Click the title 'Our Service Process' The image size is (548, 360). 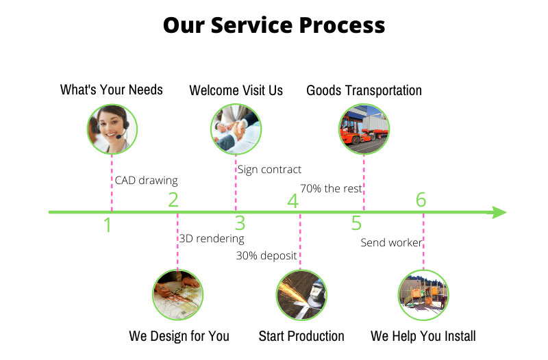pyautogui.click(x=274, y=25)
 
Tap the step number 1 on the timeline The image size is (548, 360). pyautogui.click(x=108, y=224)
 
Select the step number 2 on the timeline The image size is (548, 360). pyautogui.click(x=173, y=200)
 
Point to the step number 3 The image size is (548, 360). pyautogui.click(x=240, y=223)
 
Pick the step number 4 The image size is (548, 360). pyautogui.click(x=292, y=201)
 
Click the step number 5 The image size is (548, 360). pyautogui.click(x=356, y=223)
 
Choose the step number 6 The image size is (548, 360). pyautogui.click(x=421, y=200)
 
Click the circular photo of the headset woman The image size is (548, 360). pyautogui.click(x=112, y=128)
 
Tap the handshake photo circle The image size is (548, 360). pyautogui.click(x=236, y=128)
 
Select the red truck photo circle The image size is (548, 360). pyautogui.click(x=364, y=128)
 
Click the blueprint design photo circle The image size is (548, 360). pyautogui.click(x=177, y=295)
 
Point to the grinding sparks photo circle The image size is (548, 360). pyautogui.click(x=301, y=295)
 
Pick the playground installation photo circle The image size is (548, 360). pyautogui.click(x=423, y=295)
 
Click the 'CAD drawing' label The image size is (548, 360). pyautogui.click(x=146, y=181)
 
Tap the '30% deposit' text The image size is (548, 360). pyautogui.click(x=266, y=256)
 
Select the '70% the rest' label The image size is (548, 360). pyautogui.click(x=331, y=188)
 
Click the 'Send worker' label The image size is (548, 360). pyautogui.click(x=391, y=243)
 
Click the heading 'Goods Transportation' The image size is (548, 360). pyautogui.click(x=364, y=90)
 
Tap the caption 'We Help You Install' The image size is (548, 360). pyautogui.click(x=423, y=336)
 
